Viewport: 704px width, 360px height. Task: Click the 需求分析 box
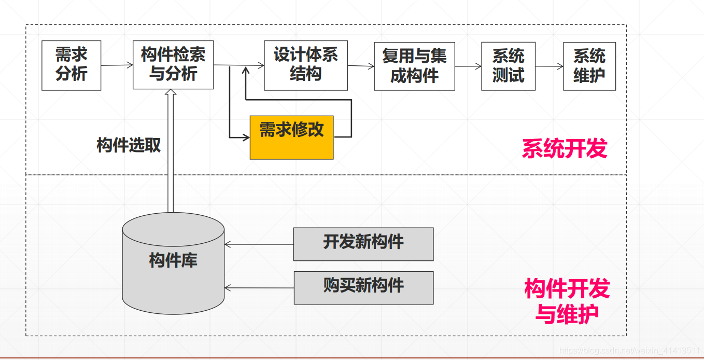[72, 65]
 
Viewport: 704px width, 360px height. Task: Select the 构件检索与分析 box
[173, 65]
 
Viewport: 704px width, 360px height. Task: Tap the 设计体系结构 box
[305, 65]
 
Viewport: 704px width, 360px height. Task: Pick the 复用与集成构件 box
[414, 66]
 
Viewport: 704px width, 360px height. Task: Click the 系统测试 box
[508, 66]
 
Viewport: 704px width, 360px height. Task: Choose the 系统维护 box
[589, 66]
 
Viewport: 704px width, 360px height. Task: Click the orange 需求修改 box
[291, 137]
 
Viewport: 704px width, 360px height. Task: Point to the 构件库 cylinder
[173, 265]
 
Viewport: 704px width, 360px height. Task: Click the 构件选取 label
[129, 145]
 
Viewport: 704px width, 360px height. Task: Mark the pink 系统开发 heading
[564, 149]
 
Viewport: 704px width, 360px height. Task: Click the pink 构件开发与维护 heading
[567, 301]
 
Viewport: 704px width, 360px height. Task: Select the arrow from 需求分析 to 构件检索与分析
[117, 65]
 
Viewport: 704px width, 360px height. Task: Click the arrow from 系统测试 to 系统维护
[550, 66]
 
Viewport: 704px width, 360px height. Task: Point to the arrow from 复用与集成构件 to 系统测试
[468, 66]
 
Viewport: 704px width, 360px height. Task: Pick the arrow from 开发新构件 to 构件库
[259, 244]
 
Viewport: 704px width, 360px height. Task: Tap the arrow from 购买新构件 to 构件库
[259, 288]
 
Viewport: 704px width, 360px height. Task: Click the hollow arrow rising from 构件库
[171, 150]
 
